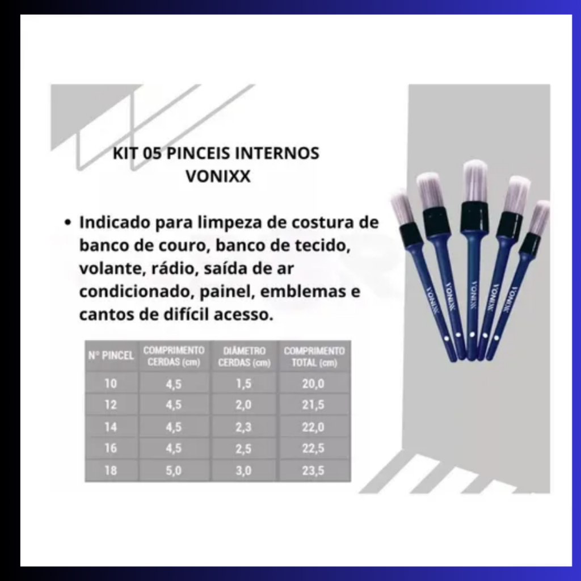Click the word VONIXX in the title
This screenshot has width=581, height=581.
coord(218,176)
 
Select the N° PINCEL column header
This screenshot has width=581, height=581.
coord(111,356)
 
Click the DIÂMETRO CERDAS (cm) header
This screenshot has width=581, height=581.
coord(244,357)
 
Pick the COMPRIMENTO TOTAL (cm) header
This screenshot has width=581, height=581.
coord(314,357)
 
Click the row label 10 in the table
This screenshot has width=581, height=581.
coord(111,384)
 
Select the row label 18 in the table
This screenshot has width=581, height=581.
coord(111,470)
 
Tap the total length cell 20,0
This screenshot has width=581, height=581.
coord(313,384)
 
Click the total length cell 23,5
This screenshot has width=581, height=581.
coord(313,470)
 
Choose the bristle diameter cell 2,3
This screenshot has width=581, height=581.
coord(243,427)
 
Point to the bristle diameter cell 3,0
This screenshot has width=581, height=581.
coord(243,470)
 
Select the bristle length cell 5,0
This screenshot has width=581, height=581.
coord(174,470)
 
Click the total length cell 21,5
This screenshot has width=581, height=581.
coord(313,405)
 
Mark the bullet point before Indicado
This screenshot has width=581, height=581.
coord(67,222)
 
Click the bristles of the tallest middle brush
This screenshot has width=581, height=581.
coord(475,182)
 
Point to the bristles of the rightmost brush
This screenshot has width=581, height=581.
coord(539,217)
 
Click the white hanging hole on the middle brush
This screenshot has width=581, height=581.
coord(472,335)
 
